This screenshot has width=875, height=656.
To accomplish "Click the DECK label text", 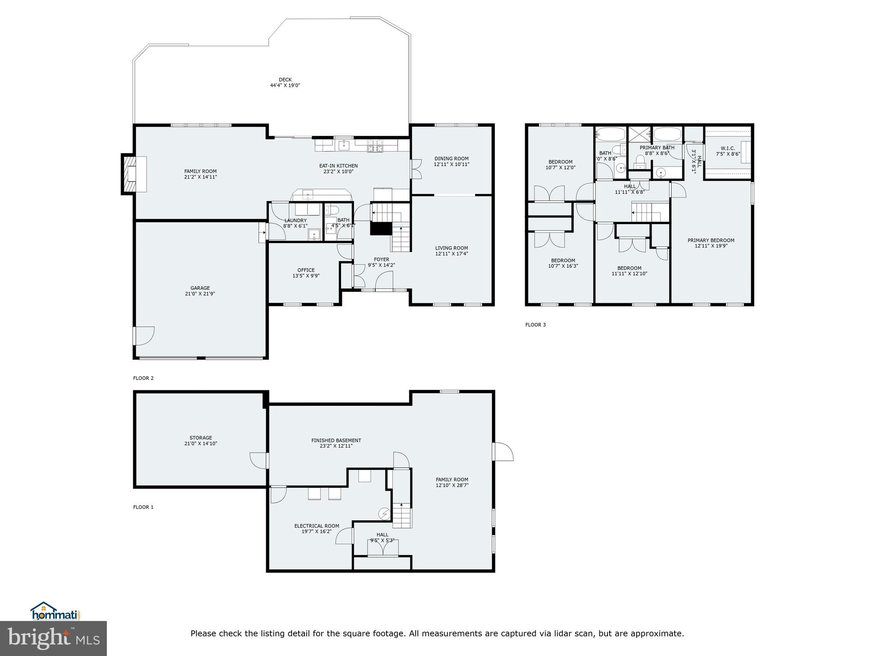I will pyautogui.click(x=285, y=79).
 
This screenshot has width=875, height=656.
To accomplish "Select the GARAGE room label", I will pyautogui.click(x=200, y=288).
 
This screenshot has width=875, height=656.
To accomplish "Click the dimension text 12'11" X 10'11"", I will pyautogui.click(x=452, y=164).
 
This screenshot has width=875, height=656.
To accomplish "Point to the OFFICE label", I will pyautogui.click(x=306, y=270).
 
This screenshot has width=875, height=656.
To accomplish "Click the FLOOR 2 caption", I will pyautogui.click(x=143, y=378).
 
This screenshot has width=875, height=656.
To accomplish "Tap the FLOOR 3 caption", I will pyautogui.click(x=535, y=325).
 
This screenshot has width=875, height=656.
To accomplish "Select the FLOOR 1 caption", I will pyautogui.click(x=143, y=507).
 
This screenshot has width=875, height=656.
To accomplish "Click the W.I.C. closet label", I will pyautogui.click(x=728, y=149).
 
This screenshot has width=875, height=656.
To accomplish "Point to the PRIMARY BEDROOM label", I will pyautogui.click(x=711, y=240).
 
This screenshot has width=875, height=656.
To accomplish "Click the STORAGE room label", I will pyautogui.click(x=201, y=438).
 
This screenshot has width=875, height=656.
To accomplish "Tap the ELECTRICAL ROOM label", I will pyautogui.click(x=317, y=526).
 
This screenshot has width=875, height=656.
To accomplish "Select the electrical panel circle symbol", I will pyautogui.click(x=385, y=514).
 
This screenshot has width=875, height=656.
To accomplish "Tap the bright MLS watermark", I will pyautogui.click(x=53, y=638).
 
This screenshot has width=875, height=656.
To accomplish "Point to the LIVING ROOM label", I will pyautogui.click(x=452, y=248).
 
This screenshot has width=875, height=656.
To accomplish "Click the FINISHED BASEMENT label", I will pyautogui.click(x=336, y=440).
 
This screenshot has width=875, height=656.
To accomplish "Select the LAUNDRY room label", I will pyautogui.click(x=295, y=220).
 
